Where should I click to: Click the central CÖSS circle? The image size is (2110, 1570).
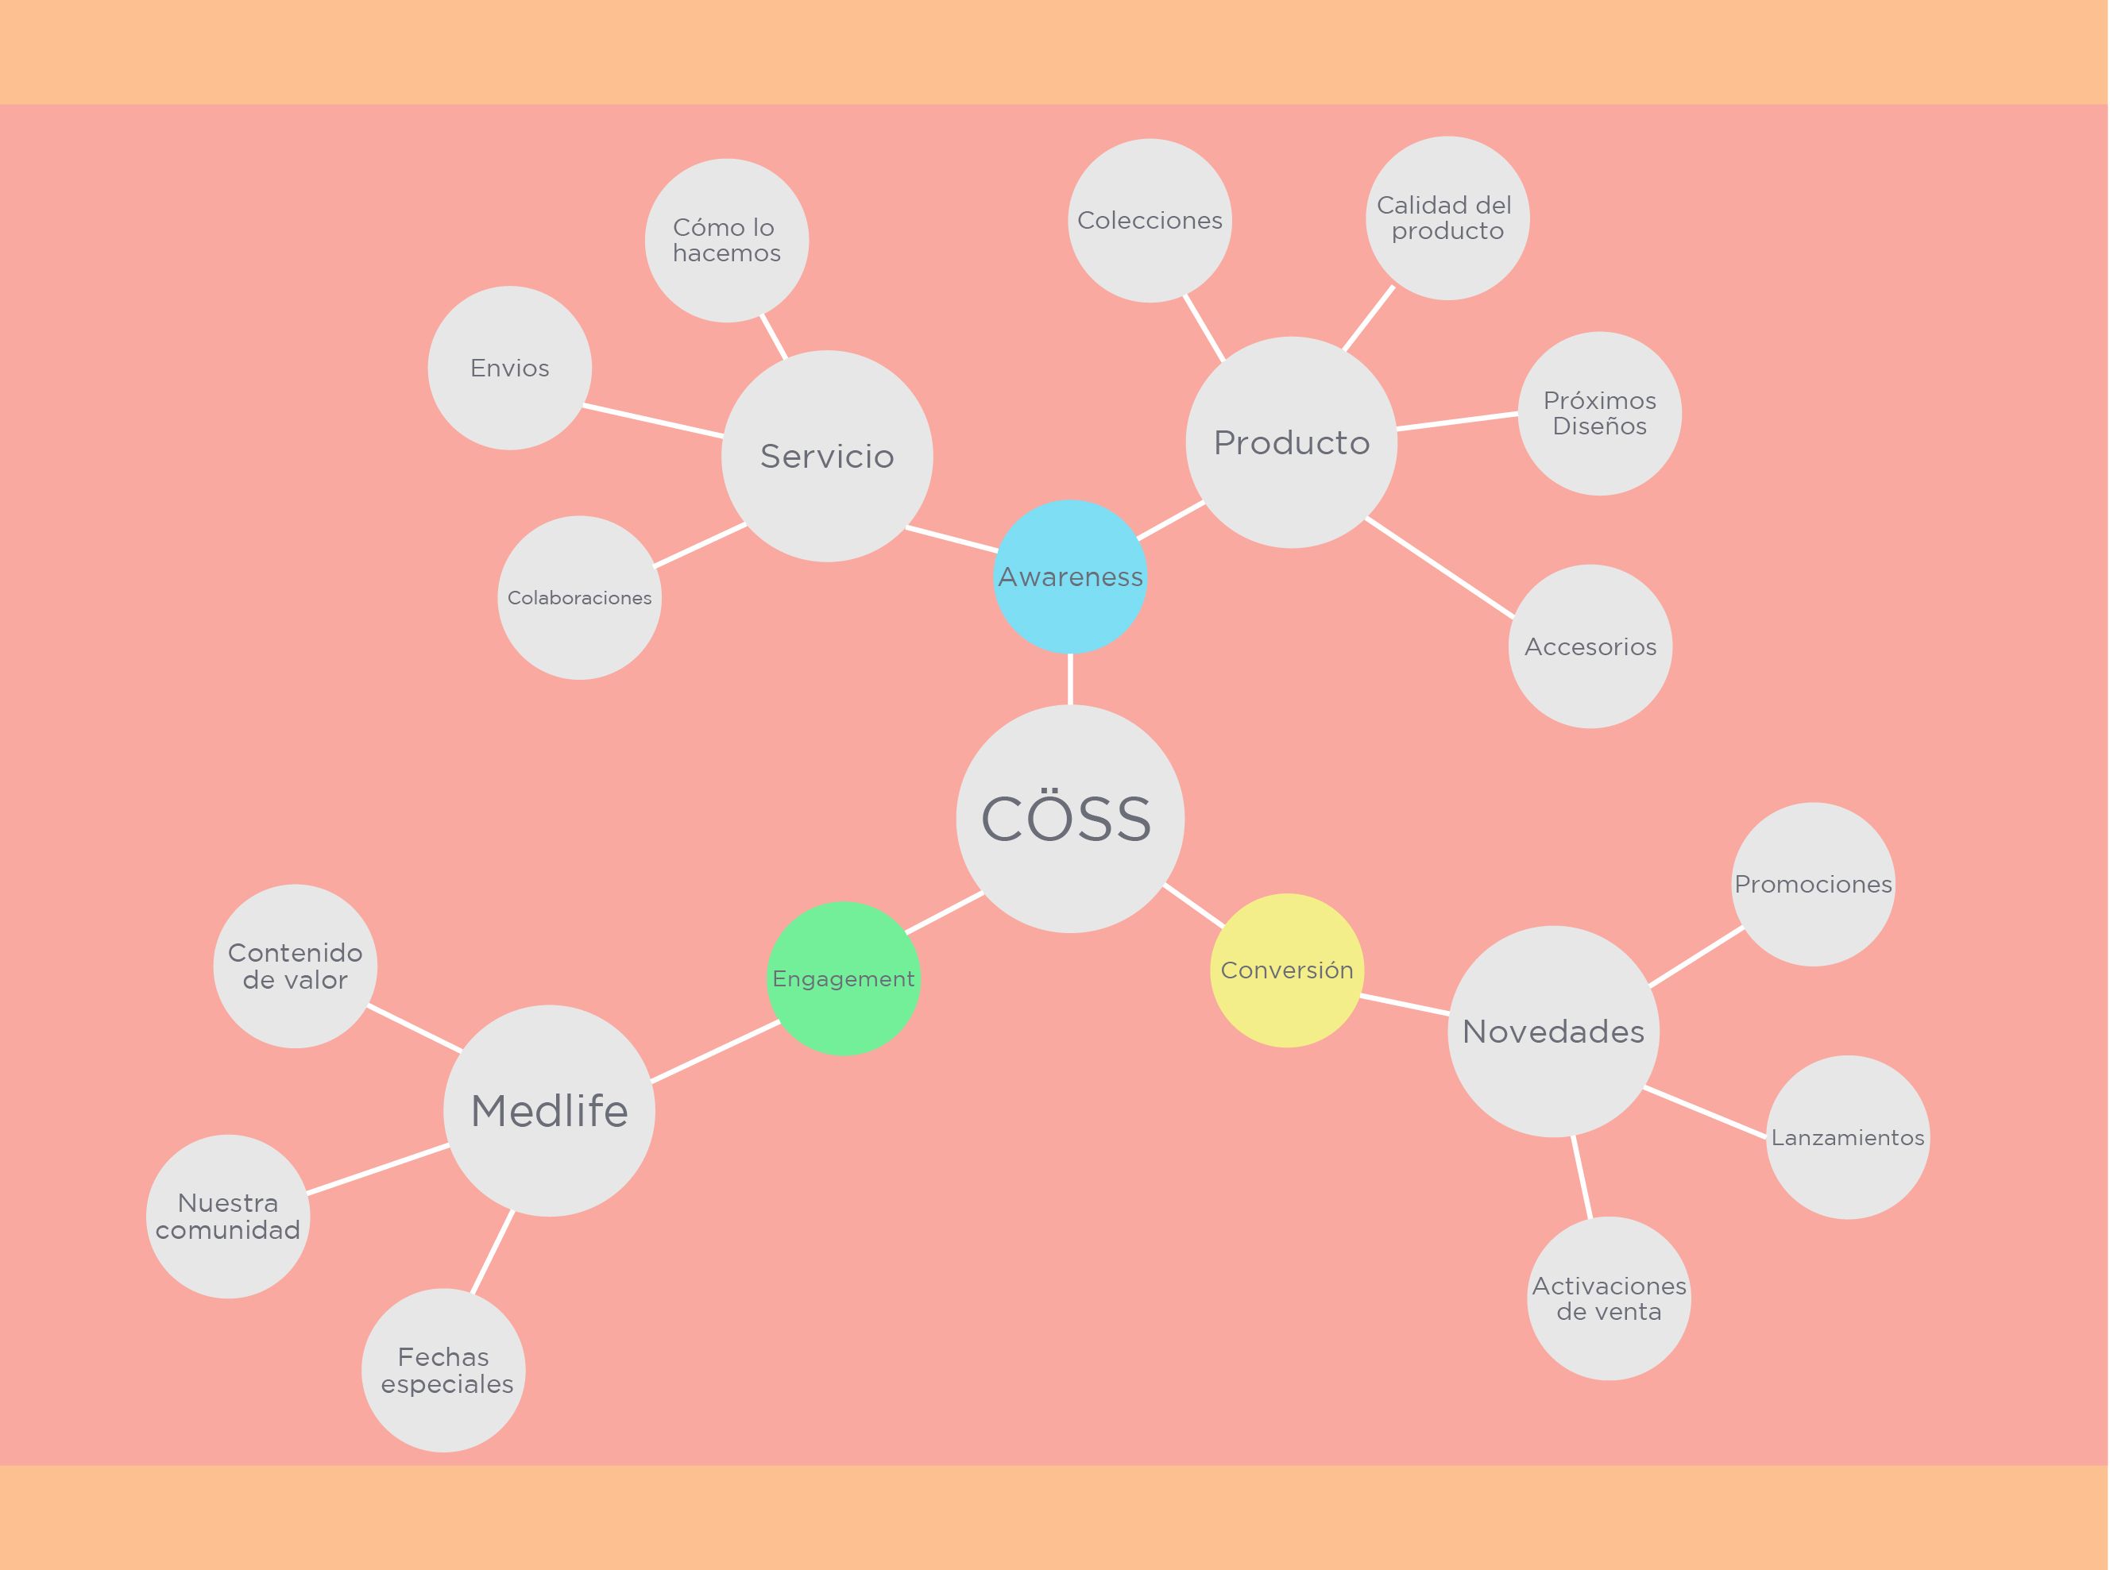tap(1070, 818)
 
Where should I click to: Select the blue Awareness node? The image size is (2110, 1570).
tap(1070, 576)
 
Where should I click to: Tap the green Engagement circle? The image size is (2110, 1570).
tap(843, 978)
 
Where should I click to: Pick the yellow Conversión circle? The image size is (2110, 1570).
tap(1287, 970)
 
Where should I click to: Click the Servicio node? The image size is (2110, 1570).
tap(827, 456)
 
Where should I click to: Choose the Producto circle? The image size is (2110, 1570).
tap(1292, 442)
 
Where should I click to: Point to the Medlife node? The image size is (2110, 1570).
tap(550, 1110)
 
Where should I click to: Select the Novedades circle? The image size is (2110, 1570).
tap(1554, 1031)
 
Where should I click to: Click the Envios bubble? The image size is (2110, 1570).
tap(509, 368)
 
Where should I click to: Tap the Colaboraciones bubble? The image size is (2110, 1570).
tap(580, 598)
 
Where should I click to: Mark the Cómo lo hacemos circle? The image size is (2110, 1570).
tap(727, 241)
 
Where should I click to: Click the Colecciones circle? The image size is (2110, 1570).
tap(1150, 221)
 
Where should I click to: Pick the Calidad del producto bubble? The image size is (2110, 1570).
tap(1447, 218)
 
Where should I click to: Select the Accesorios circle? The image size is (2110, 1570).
tap(1590, 646)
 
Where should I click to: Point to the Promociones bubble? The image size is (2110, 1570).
tap(1813, 884)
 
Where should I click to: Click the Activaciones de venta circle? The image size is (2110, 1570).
tap(1609, 1298)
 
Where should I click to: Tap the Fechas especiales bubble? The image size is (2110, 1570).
tap(444, 1371)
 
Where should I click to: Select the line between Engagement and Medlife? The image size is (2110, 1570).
tap(716, 1051)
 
